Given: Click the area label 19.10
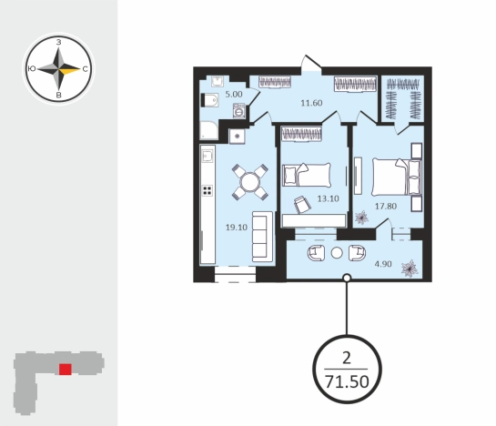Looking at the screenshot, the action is (x=237, y=228).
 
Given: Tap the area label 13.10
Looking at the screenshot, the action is (x=328, y=198).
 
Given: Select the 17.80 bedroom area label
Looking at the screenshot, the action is (x=386, y=207).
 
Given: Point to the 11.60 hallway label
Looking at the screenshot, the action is (x=311, y=103).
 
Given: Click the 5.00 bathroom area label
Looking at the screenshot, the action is (x=234, y=95).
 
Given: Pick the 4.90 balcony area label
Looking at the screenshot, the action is (x=383, y=264).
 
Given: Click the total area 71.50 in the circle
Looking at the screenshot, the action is (x=347, y=381).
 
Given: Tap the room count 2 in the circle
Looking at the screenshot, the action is (x=347, y=359).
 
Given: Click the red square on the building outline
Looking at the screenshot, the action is (x=66, y=370).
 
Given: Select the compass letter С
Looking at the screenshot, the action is (x=85, y=69).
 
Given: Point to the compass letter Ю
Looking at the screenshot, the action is (x=32, y=69).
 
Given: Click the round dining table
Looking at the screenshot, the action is (x=250, y=182).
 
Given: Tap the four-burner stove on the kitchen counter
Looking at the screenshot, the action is (x=208, y=190).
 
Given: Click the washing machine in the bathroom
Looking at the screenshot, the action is (x=239, y=111).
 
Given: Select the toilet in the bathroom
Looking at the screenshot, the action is (x=209, y=100).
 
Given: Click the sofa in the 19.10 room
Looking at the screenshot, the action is (x=262, y=236).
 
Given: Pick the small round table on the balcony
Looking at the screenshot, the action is (x=337, y=253).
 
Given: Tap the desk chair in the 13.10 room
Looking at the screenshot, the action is (x=302, y=204).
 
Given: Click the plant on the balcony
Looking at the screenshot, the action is (x=410, y=269).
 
